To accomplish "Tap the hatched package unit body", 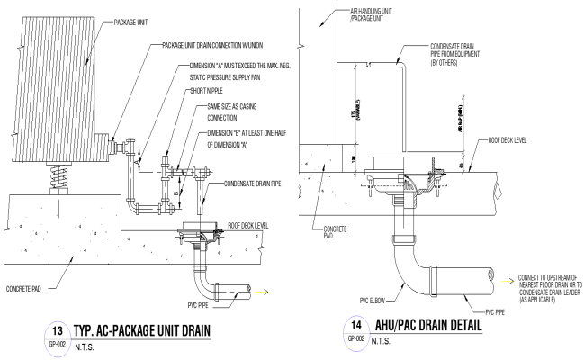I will click(x=53, y=76).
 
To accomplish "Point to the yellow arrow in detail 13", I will click(x=262, y=292).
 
